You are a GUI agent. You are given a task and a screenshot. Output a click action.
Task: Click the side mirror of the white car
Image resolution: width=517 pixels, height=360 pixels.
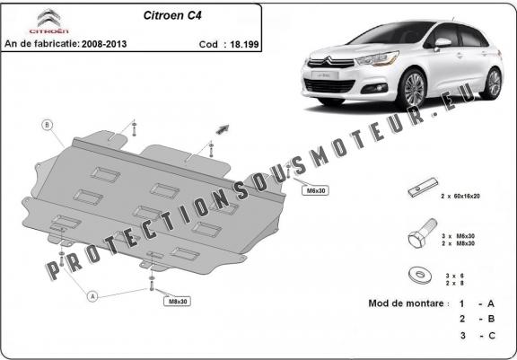[x=443, y=42]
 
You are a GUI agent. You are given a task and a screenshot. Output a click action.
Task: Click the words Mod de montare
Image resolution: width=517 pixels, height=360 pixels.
[x=407, y=303]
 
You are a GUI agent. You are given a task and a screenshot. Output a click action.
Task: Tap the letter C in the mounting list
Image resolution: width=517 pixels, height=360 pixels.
[x=491, y=335]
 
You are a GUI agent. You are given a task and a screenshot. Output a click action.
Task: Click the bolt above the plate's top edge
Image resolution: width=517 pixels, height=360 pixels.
[x=134, y=127]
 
